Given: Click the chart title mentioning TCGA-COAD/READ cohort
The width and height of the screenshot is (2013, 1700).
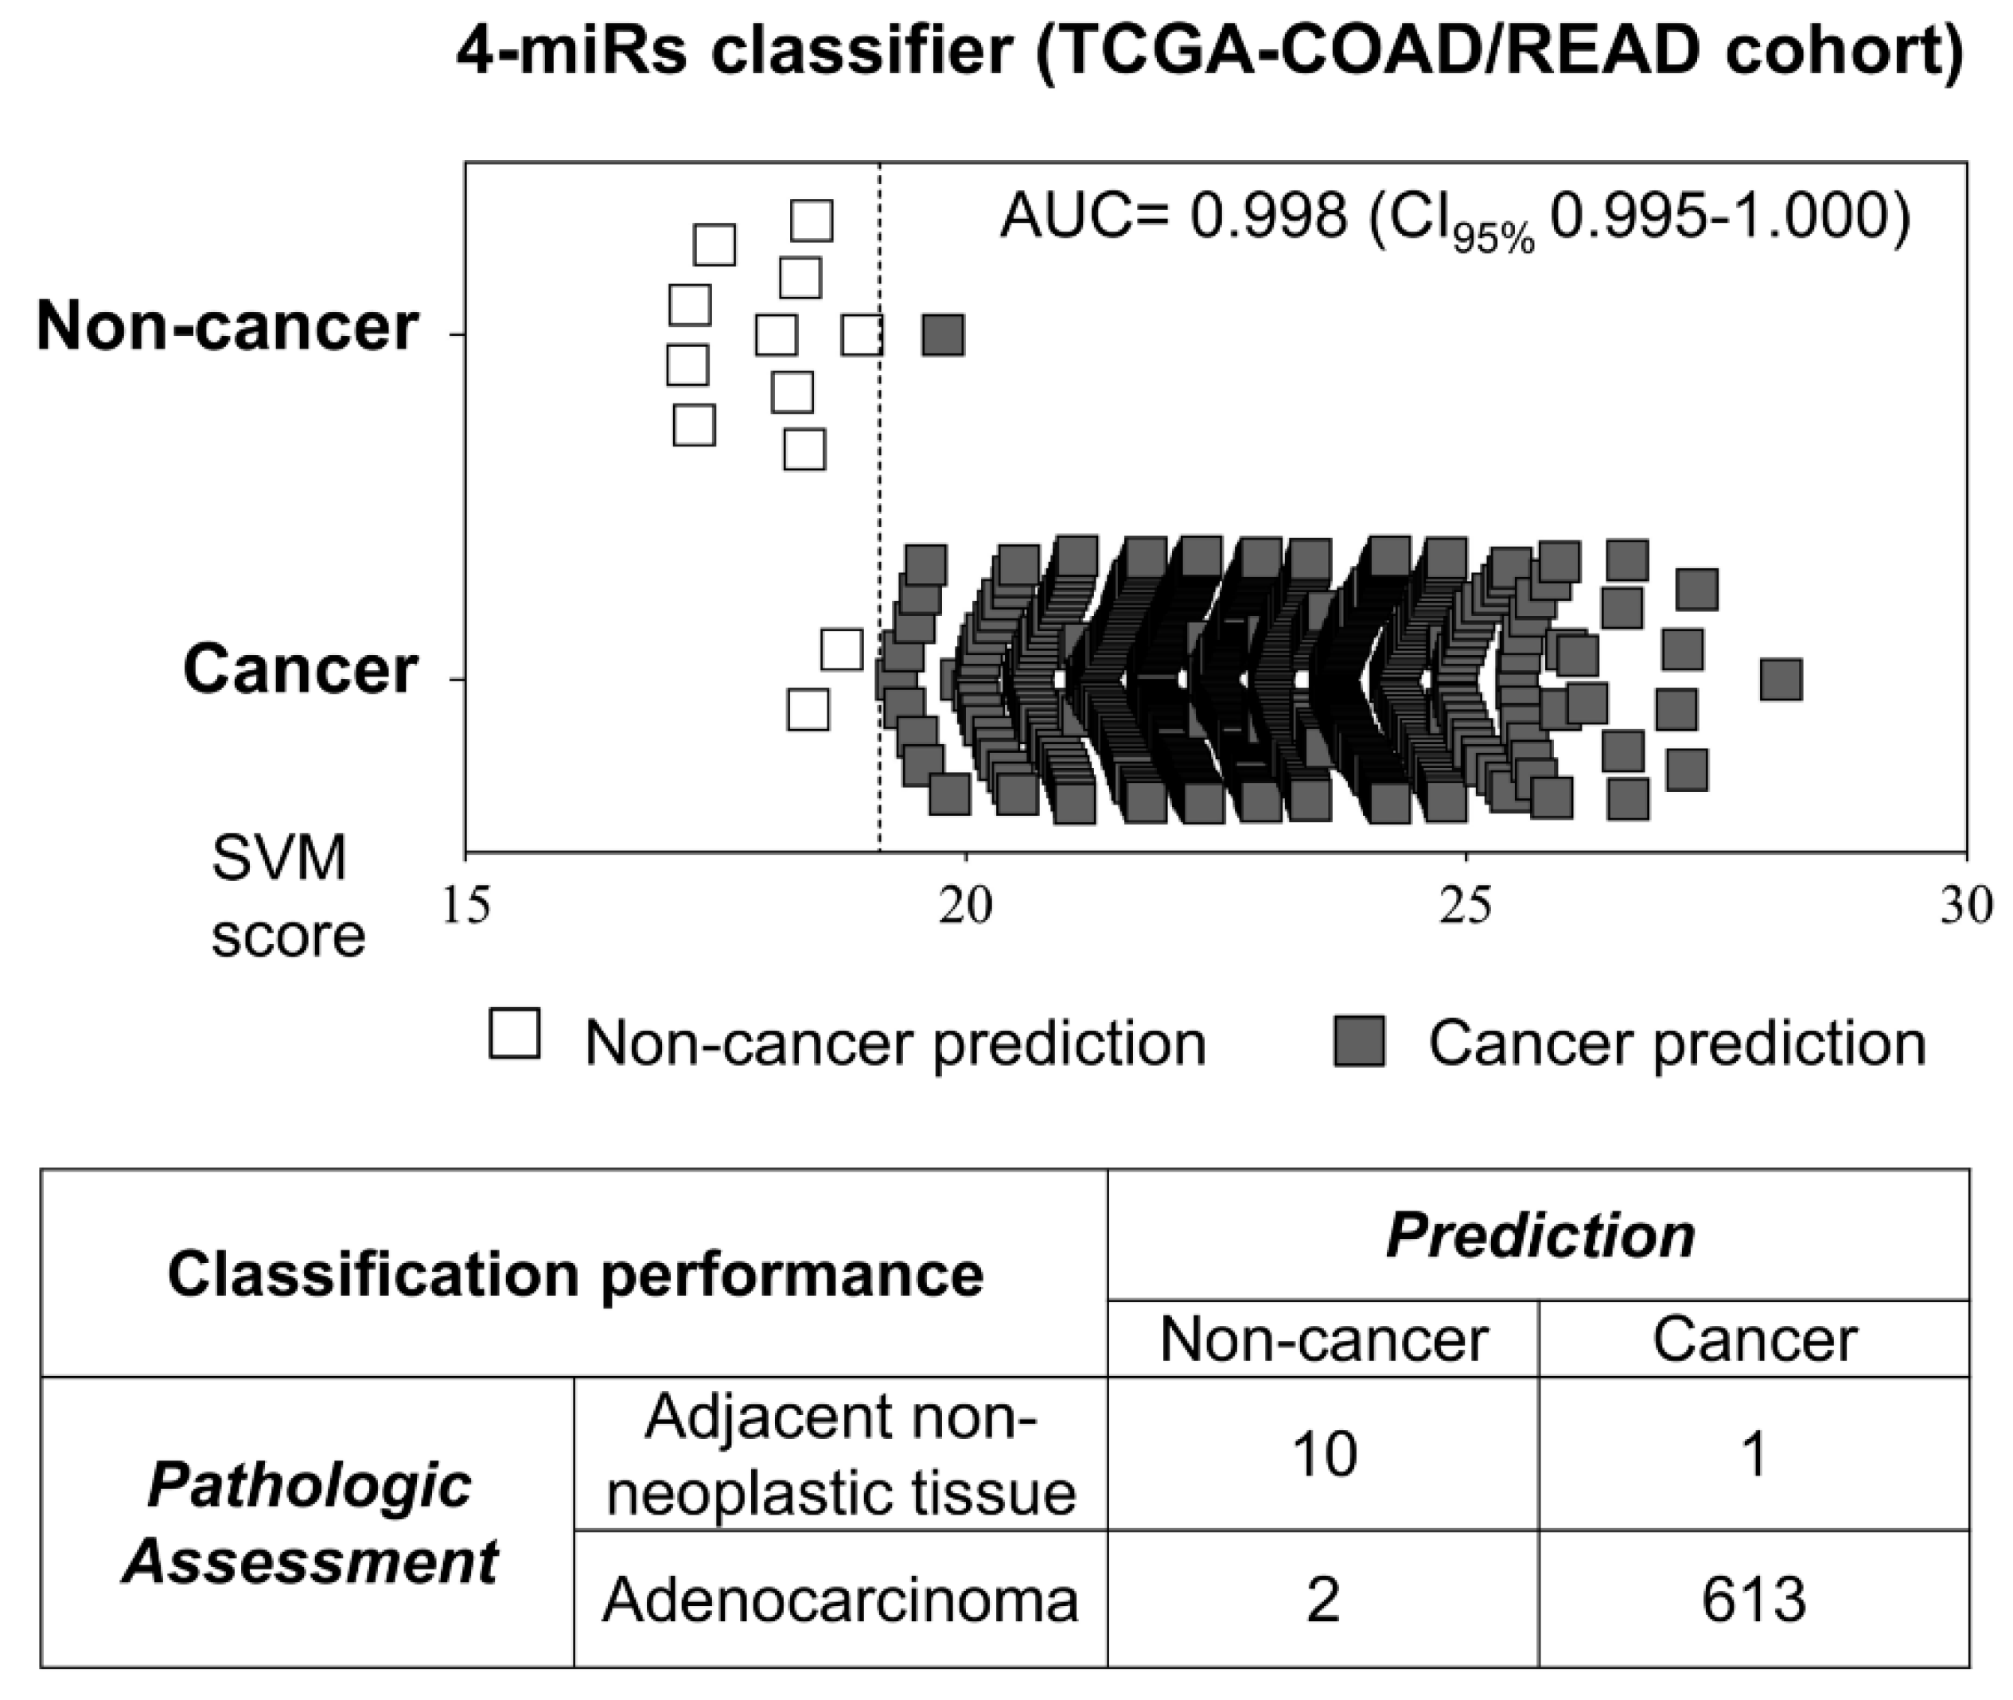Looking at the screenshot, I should (x=1209, y=53).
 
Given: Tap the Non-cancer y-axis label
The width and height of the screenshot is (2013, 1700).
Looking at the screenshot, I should (x=228, y=326).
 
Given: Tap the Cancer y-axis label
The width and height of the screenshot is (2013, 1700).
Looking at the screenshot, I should (x=300, y=669).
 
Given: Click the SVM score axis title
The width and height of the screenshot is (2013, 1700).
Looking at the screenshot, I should (x=287, y=897).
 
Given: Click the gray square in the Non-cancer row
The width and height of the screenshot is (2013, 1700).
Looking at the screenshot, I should (x=942, y=335).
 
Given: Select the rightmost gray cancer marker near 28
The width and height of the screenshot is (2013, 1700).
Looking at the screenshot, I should (x=1780, y=680).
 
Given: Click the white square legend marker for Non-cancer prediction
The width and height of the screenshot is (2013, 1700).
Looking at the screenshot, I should (x=515, y=1034).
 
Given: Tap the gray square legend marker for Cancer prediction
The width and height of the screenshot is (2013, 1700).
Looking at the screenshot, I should (x=1360, y=1042).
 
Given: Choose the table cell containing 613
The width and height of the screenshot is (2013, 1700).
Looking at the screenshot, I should (x=1753, y=1601).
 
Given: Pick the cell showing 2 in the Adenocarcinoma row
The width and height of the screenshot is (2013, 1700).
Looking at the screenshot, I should (x=1324, y=1601).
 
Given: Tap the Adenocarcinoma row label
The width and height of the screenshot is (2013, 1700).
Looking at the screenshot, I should (x=840, y=1601).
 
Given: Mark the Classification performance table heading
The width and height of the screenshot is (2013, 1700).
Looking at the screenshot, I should (x=575, y=1274).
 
